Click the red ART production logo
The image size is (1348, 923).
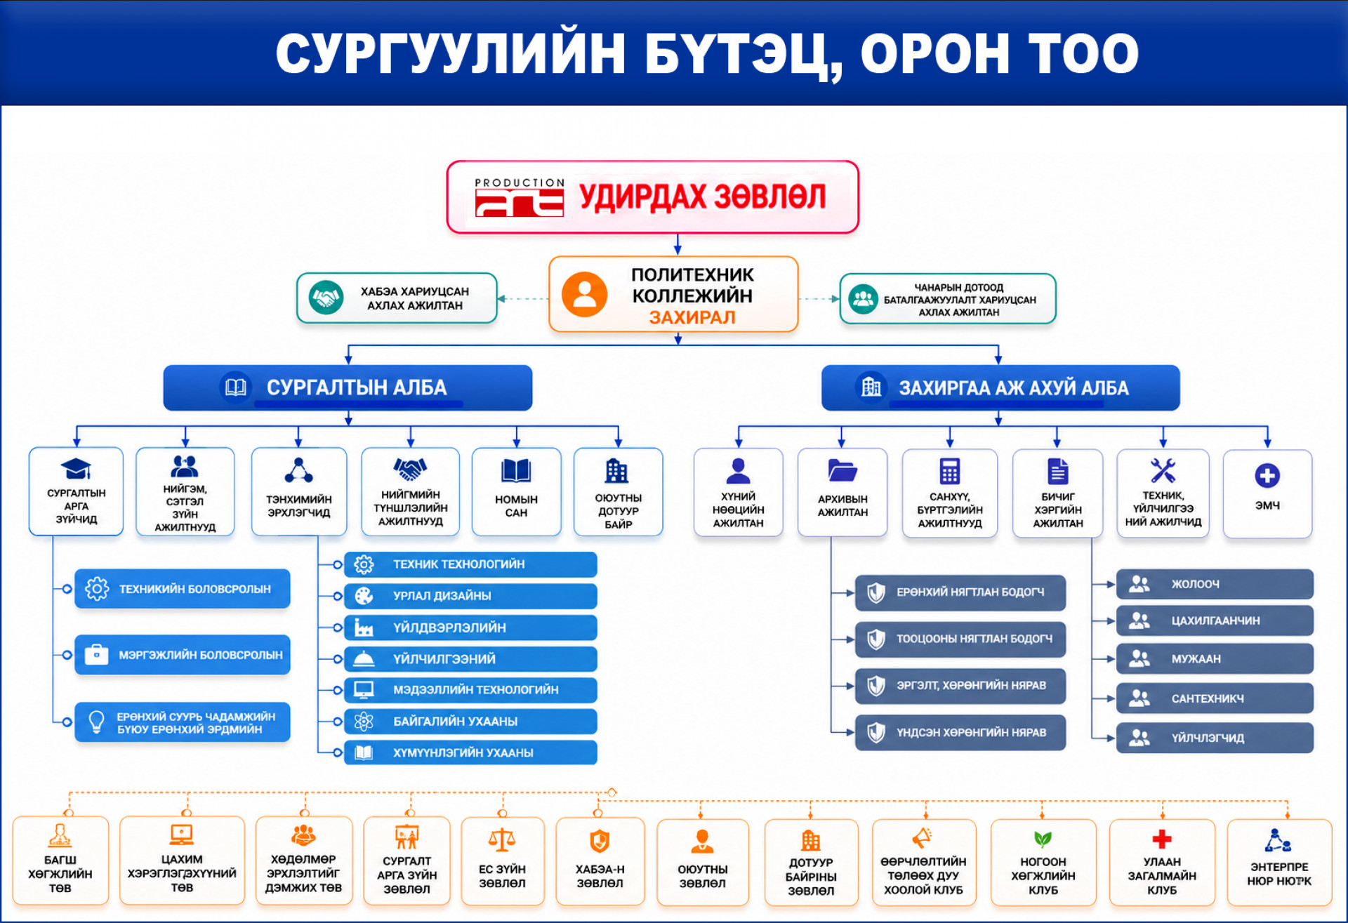tap(519, 197)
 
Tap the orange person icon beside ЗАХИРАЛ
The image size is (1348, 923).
tap(584, 294)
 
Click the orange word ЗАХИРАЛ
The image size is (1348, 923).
tap(692, 317)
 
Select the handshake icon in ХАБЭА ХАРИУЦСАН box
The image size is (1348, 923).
tap(326, 298)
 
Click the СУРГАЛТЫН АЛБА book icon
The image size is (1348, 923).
tap(235, 387)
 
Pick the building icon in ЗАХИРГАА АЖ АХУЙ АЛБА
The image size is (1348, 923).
tap(871, 387)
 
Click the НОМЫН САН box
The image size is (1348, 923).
tap(516, 491)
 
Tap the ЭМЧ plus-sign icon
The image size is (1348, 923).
tap(1267, 476)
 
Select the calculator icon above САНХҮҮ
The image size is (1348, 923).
tap(949, 471)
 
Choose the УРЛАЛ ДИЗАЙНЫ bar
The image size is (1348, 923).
tap(470, 596)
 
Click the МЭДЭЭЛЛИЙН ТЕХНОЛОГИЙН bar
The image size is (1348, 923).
tap(470, 690)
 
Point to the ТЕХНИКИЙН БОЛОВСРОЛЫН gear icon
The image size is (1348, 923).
tap(97, 588)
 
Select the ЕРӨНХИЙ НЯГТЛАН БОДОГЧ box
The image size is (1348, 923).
tap(960, 592)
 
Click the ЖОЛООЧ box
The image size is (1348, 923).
tap(1215, 584)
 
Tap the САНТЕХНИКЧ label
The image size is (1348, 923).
tap(1208, 698)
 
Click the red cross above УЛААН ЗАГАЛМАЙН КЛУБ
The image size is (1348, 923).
tap(1162, 839)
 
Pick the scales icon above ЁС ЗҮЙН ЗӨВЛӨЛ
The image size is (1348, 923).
tap(502, 840)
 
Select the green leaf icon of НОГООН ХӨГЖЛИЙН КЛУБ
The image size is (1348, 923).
tap(1043, 839)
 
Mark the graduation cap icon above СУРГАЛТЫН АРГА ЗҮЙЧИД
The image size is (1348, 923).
tap(76, 468)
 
